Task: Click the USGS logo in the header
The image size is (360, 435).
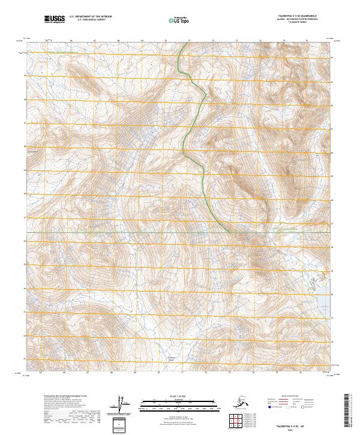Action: pos(53,20)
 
